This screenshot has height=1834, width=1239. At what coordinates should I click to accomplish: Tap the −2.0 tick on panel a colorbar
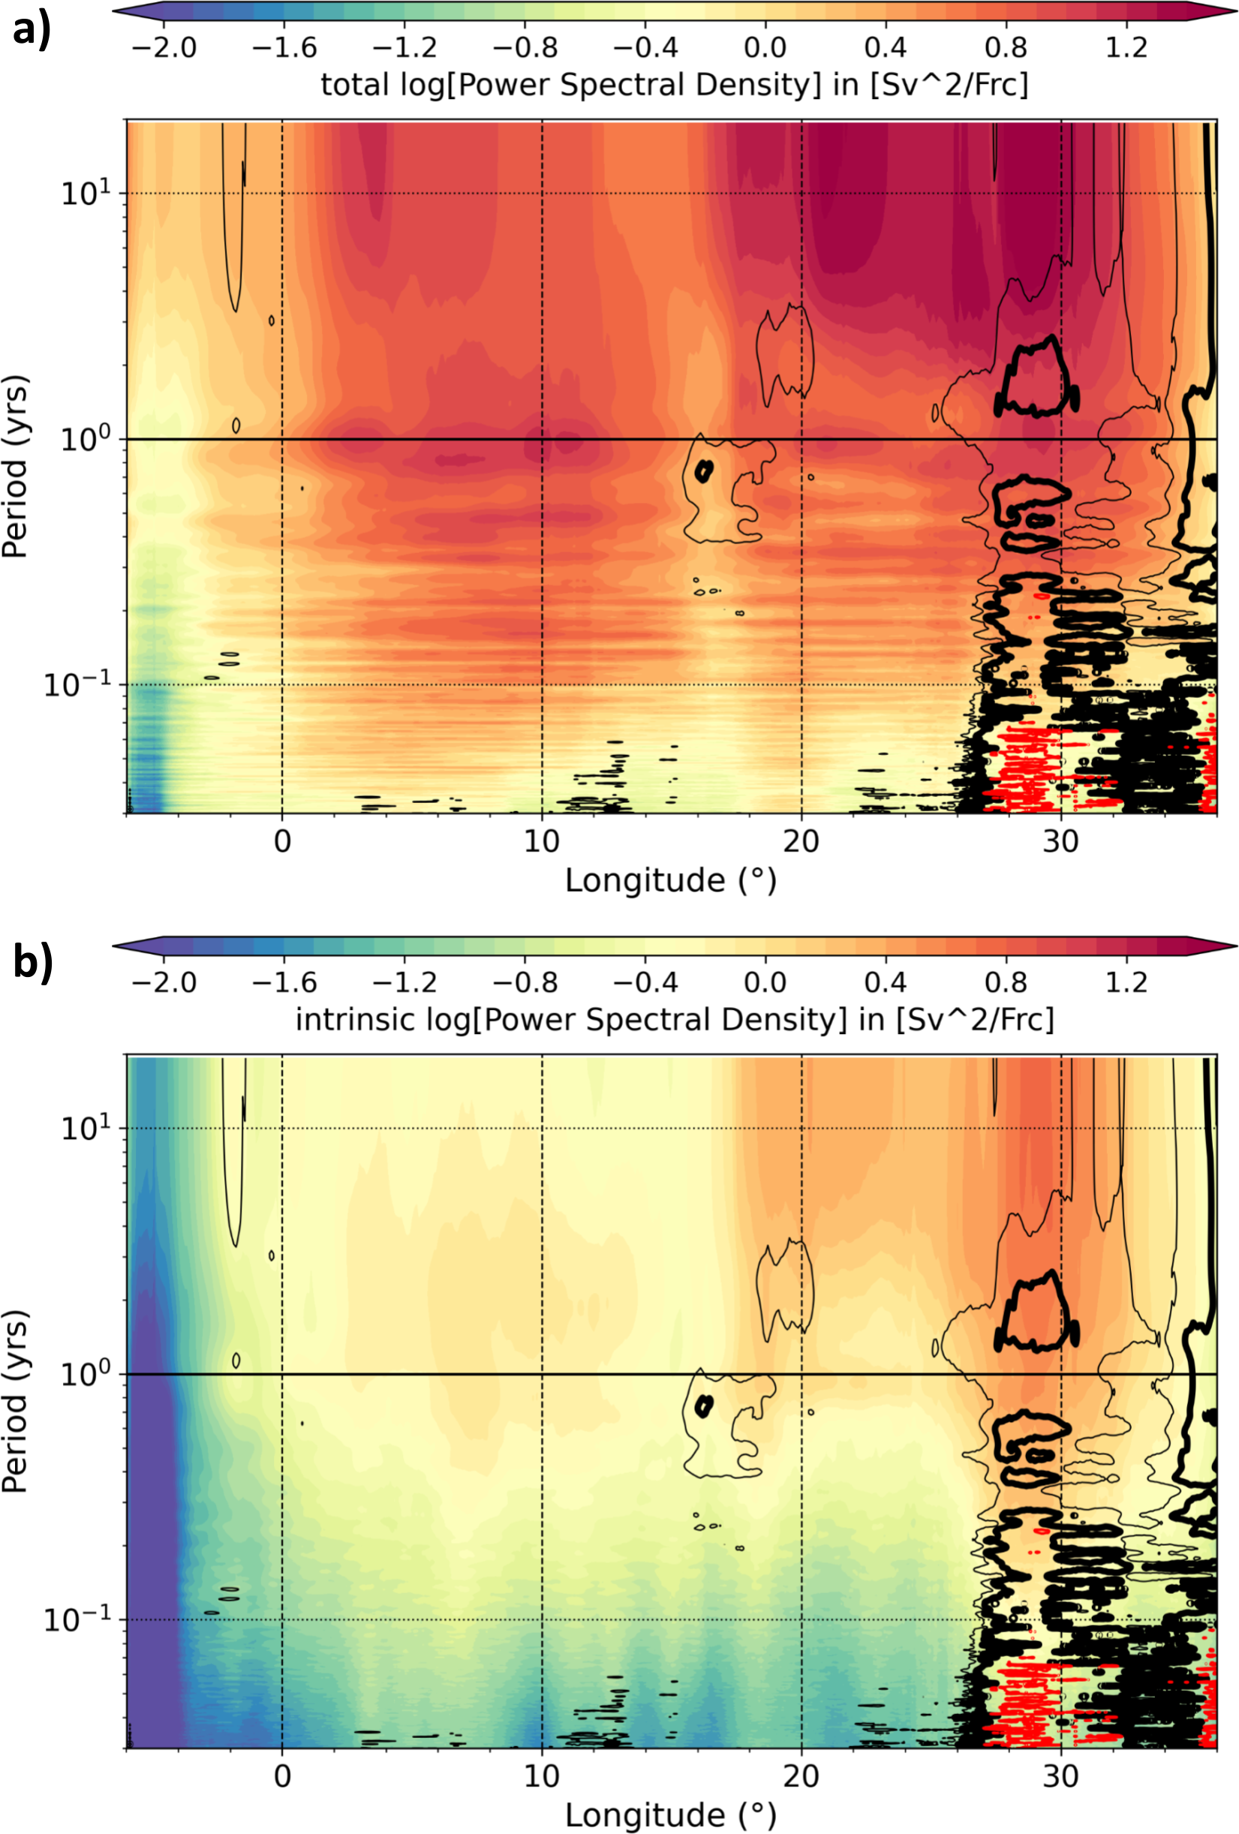(x=164, y=47)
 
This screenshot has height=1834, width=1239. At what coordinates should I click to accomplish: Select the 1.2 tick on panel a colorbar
(x=1126, y=47)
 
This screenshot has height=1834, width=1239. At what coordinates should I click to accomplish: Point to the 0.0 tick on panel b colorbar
(x=765, y=982)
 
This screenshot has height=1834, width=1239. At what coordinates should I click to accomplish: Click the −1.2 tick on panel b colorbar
(x=404, y=982)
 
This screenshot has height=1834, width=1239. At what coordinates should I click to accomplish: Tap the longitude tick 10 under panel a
(x=541, y=842)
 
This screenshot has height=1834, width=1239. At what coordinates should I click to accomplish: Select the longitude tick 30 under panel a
(x=1060, y=842)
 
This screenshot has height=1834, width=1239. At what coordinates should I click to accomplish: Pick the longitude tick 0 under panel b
(x=281, y=1776)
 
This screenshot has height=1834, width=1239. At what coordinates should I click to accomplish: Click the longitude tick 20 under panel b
(x=801, y=1776)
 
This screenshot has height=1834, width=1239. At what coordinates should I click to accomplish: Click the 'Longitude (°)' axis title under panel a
(x=671, y=881)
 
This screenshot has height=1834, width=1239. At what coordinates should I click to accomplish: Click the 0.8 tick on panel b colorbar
(x=1006, y=982)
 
